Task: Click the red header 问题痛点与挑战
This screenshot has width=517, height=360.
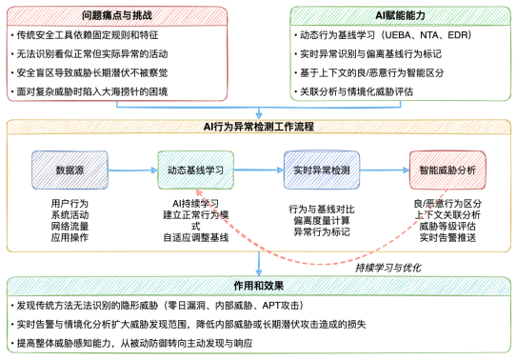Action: (x=117, y=15)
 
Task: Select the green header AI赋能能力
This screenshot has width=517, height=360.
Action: (x=399, y=15)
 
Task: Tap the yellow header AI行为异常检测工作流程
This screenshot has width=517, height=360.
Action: (x=259, y=126)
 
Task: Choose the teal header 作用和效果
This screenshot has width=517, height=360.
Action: (x=259, y=285)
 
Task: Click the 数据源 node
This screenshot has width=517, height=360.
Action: (x=70, y=170)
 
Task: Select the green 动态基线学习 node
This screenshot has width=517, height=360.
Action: (x=195, y=170)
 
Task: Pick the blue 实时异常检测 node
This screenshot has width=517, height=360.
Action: (x=321, y=170)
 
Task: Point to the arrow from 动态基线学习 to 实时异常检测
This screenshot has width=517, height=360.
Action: (x=257, y=170)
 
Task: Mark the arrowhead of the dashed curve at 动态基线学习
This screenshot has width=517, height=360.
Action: (x=199, y=193)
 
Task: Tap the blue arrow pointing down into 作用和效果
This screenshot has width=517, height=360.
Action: (x=259, y=265)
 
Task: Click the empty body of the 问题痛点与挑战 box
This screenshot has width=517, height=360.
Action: (x=117, y=61)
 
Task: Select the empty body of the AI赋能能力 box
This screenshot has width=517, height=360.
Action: (x=399, y=61)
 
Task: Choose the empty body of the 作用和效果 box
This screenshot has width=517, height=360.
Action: (x=259, y=323)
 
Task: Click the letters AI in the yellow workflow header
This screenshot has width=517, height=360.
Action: (x=209, y=126)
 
